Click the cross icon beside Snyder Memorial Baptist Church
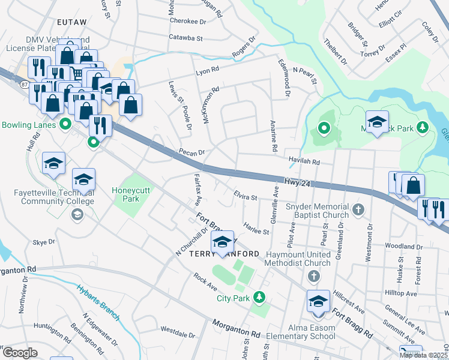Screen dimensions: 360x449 358,209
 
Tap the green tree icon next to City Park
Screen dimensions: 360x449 259,297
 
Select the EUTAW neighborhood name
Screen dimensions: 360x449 72,22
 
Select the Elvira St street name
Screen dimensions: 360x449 245,195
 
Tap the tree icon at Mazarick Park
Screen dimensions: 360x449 422,127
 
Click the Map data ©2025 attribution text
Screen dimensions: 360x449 423,355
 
